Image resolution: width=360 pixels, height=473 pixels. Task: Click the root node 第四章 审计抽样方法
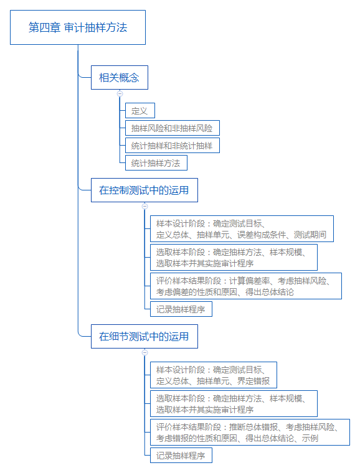click(x=78, y=27)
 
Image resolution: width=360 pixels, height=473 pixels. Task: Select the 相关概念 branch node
click(x=119, y=78)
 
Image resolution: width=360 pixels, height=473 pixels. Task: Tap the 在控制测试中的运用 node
click(x=144, y=190)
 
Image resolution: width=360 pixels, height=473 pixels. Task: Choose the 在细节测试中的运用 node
click(x=144, y=337)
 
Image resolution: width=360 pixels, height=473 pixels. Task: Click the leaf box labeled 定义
click(x=140, y=111)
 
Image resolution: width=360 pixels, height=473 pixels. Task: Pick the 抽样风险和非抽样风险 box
click(x=172, y=128)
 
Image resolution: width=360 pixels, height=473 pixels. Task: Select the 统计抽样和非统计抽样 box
click(x=172, y=146)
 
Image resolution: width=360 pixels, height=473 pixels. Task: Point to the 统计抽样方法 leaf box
click(x=156, y=163)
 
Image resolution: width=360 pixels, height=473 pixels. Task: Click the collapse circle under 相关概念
click(x=120, y=93)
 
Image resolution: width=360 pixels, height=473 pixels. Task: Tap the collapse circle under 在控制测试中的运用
click(x=144, y=205)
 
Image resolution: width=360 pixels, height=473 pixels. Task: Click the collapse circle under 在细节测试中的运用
click(x=144, y=352)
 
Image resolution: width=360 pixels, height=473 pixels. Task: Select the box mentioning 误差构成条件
click(x=242, y=229)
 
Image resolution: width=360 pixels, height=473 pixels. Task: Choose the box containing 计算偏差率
click(x=245, y=286)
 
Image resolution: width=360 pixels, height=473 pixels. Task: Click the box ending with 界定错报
click(x=213, y=375)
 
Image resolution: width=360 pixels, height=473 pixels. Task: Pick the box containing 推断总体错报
click(x=250, y=433)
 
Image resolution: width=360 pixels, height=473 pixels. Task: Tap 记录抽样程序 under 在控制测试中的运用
click(x=181, y=309)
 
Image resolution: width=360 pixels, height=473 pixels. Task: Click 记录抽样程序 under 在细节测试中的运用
click(x=181, y=456)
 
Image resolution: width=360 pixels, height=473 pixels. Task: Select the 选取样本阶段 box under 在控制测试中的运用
click(x=234, y=258)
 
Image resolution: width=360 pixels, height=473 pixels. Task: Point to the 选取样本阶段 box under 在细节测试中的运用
click(x=234, y=404)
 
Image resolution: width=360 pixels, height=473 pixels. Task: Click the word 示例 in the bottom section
click(x=310, y=438)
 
